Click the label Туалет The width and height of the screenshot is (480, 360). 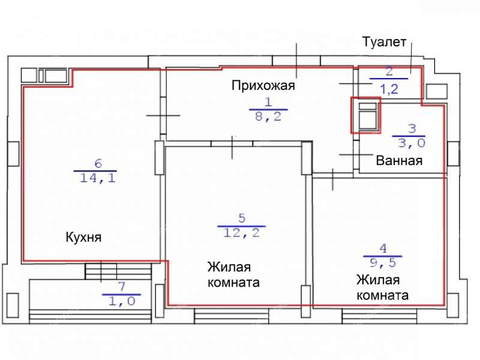click(385, 43)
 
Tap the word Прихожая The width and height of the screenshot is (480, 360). click(263, 86)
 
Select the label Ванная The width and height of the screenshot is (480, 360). click(400, 161)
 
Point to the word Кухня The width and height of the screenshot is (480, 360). click(83, 237)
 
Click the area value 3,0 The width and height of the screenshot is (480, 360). click(408, 143)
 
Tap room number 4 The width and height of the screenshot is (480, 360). click(383, 248)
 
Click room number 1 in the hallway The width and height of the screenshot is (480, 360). click(268, 102)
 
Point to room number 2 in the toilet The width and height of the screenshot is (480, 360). click(389, 73)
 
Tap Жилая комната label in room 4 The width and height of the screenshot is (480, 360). click(382, 287)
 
